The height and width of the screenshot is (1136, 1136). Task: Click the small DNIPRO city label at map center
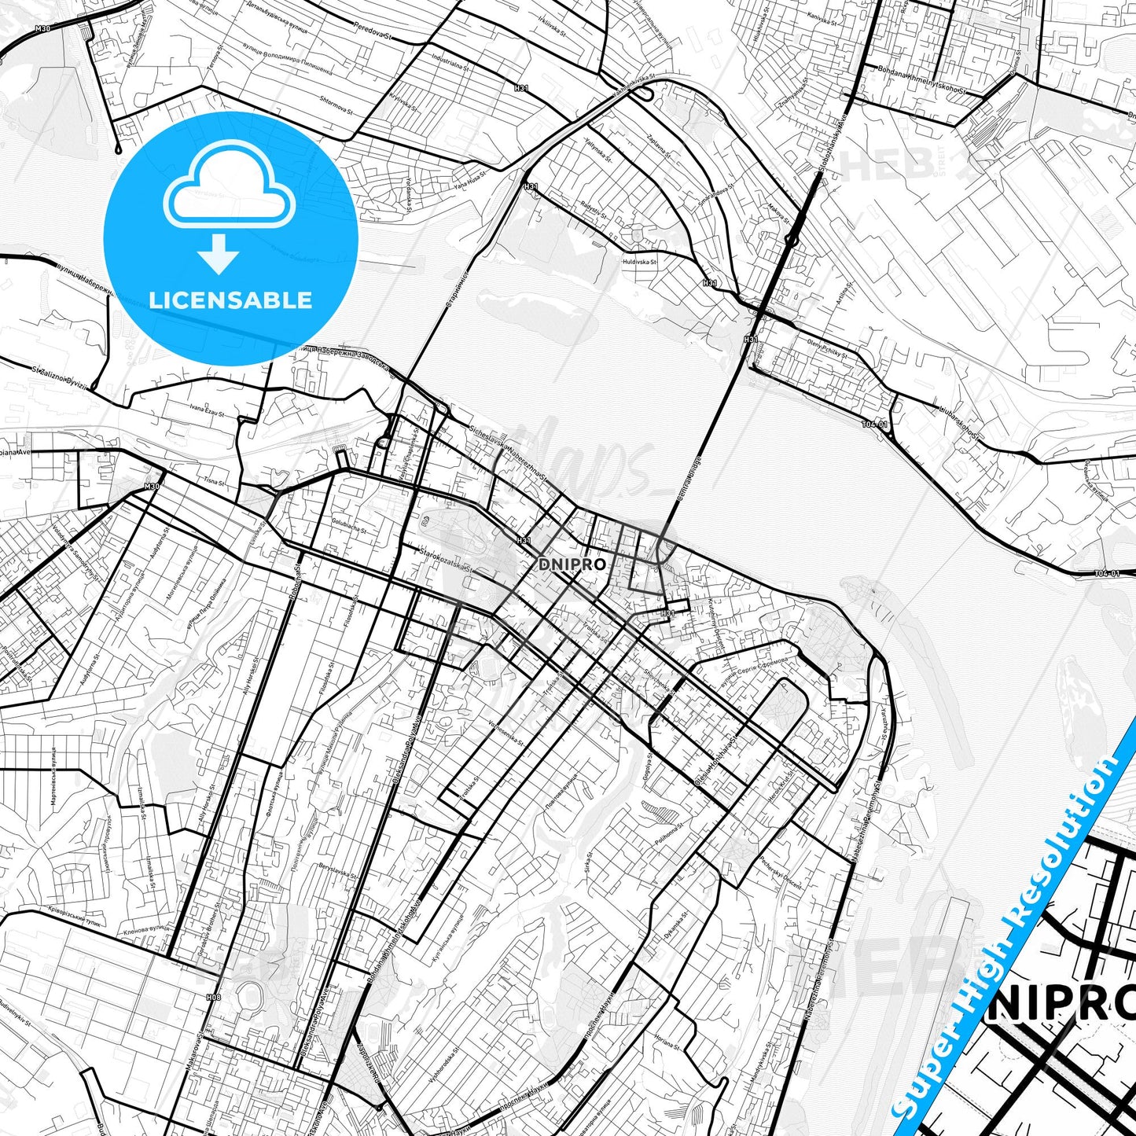pos(572,564)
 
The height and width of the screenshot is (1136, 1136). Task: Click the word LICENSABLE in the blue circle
pos(230,300)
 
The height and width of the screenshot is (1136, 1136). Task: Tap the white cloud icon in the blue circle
pos(229,187)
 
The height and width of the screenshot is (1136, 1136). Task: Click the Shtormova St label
pos(336,104)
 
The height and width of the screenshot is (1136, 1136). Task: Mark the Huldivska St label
pos(639,262)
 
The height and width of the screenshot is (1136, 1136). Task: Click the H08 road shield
pos(213,997)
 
